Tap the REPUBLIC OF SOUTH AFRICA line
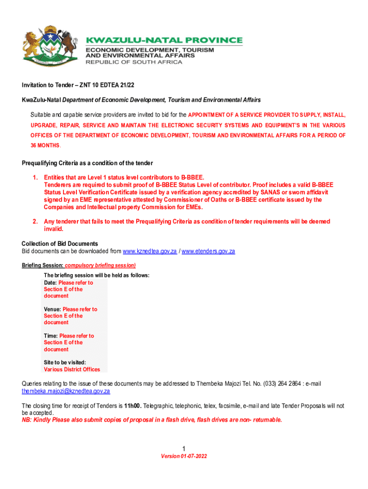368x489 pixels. [x=134, y=62]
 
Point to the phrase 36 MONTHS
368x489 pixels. [x=42, y=145]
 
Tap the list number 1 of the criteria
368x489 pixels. [x=35, y=177]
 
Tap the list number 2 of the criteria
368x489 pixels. [x=35, y=222]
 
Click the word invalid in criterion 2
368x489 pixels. [x=54, y=229]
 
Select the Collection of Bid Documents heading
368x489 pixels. [x=60, y=244]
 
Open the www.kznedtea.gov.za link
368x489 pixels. [x=150, y=251]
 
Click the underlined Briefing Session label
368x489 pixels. [x=43, y=265]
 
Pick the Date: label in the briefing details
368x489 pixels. [x=50, y=283]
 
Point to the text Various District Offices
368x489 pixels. [x=72, y=369]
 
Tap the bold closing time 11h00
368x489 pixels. [x=132, y=406]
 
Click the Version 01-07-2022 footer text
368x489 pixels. [x=184, y=456]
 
